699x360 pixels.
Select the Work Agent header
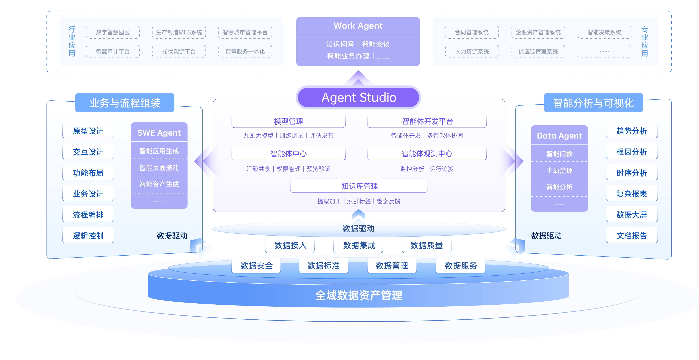click(358, 26)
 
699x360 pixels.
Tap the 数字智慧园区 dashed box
click(113, 32)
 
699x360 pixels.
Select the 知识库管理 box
click(359, 186)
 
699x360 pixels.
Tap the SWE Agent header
click(159, 133)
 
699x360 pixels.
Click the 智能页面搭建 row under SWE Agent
click(159, 168)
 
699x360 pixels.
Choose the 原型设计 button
click(88, 131)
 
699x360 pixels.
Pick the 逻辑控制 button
click(88, 235)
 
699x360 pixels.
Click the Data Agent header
click(559, 135)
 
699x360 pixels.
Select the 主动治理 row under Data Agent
click(559, 170)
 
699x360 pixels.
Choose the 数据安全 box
click(256, 265)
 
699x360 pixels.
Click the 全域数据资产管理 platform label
click(359, 295)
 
